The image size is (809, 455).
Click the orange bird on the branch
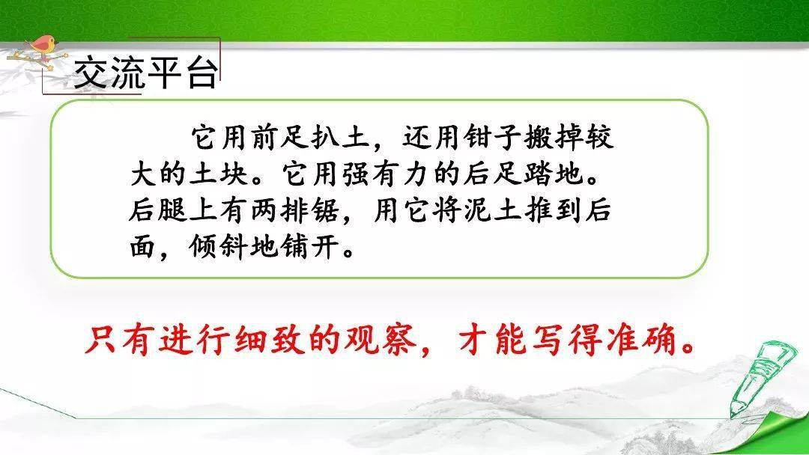coord(43,46)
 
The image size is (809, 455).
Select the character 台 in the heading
coord(202,72)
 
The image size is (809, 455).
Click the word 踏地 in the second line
coord(554,174)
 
